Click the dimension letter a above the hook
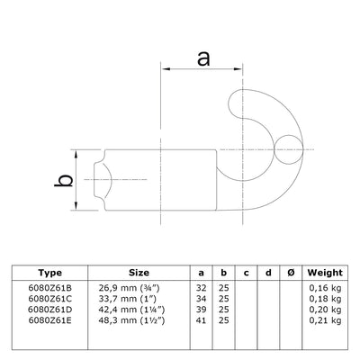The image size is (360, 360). pyautogui.click(x=202, y=59)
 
